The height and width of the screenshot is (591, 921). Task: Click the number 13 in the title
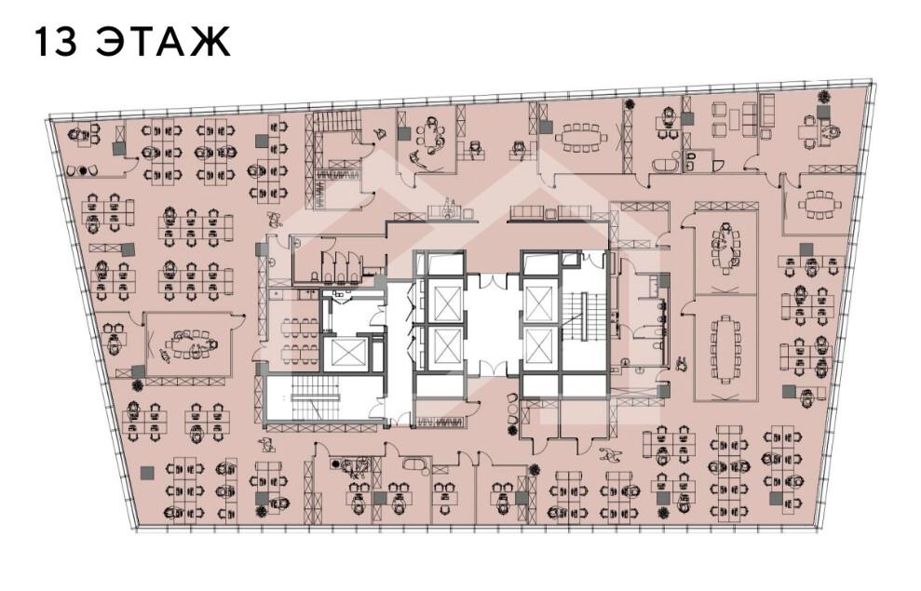56,42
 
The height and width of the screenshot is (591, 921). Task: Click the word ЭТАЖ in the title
163,42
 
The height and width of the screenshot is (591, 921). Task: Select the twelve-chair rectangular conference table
725,350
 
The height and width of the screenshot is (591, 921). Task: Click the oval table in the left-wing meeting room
189,345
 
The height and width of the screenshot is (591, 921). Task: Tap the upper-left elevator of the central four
444,298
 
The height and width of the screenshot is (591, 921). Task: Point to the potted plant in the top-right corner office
824,97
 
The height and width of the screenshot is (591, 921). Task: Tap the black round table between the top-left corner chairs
83,171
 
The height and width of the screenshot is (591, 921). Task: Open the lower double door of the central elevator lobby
493,369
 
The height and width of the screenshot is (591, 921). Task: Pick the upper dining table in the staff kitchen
300,328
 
